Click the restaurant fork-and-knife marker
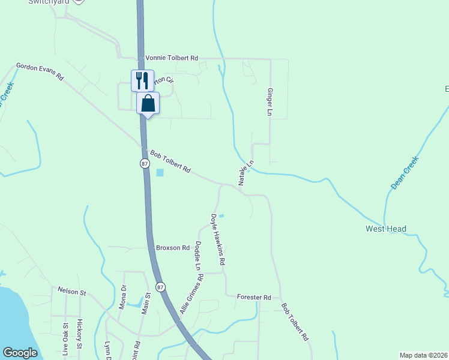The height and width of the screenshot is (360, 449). (142, 80)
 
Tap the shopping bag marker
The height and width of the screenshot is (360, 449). (148, 103)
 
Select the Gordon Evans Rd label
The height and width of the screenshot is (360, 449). (40, 71)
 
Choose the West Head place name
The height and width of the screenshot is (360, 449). (386, 229)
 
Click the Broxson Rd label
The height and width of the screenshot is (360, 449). (172, 248)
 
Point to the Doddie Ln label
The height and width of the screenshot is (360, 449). (198, 255)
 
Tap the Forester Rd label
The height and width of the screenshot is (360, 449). (254, 297)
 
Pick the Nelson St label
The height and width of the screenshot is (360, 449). (72, 292)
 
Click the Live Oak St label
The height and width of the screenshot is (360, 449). (65, 340)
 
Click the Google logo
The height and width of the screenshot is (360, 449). (20, 353)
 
